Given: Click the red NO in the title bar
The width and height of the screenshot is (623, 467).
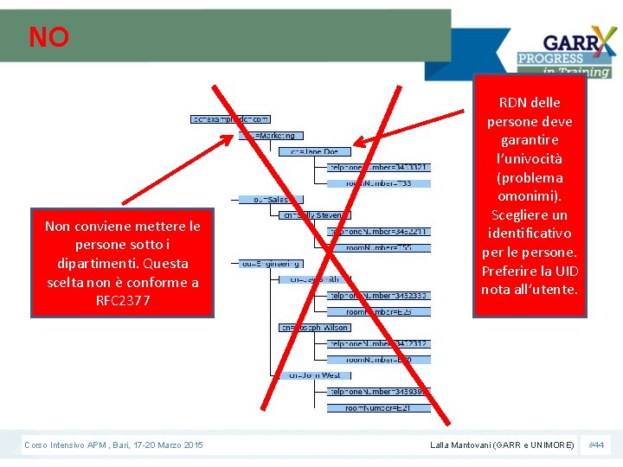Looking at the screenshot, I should (x=48, y=37).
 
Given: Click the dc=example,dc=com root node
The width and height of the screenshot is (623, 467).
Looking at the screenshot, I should (x=230, y=118).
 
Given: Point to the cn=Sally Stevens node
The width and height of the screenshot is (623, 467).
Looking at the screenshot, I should (x=314, y=215).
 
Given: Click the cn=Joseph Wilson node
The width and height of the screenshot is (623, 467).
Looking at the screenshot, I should (x=314, y=328).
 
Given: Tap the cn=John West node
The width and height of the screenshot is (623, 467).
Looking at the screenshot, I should (x=314, y=375).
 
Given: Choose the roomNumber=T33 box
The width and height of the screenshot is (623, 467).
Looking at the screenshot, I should (x=379, y=183).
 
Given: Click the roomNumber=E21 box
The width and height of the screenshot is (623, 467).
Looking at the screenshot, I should (x=378, y=407).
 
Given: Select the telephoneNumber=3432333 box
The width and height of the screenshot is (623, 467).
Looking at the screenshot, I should (x=378, y=296).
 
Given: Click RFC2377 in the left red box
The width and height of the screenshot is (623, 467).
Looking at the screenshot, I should (x=122, y=301).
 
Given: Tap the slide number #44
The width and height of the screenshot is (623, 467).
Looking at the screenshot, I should (x=596, y=445).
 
